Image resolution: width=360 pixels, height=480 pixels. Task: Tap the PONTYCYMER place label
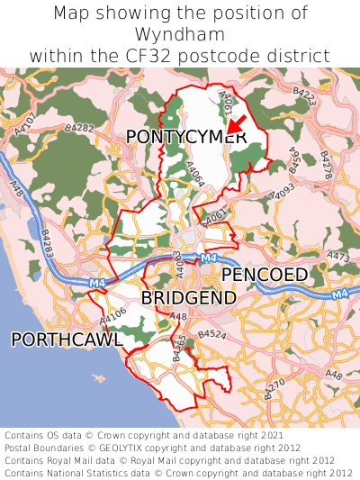click(185, 137)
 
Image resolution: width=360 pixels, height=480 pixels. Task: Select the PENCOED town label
click(265, 274)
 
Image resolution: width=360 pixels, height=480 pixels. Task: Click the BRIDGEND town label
click(189, 297)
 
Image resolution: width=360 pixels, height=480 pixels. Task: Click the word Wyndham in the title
click(180, 34)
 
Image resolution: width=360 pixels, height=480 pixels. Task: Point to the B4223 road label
click(305, 95)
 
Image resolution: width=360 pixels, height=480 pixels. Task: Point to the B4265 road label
click(178, 348)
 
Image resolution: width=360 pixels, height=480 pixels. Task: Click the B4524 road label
click(212, 334)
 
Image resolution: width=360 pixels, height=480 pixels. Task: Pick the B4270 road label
click(275, 387)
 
